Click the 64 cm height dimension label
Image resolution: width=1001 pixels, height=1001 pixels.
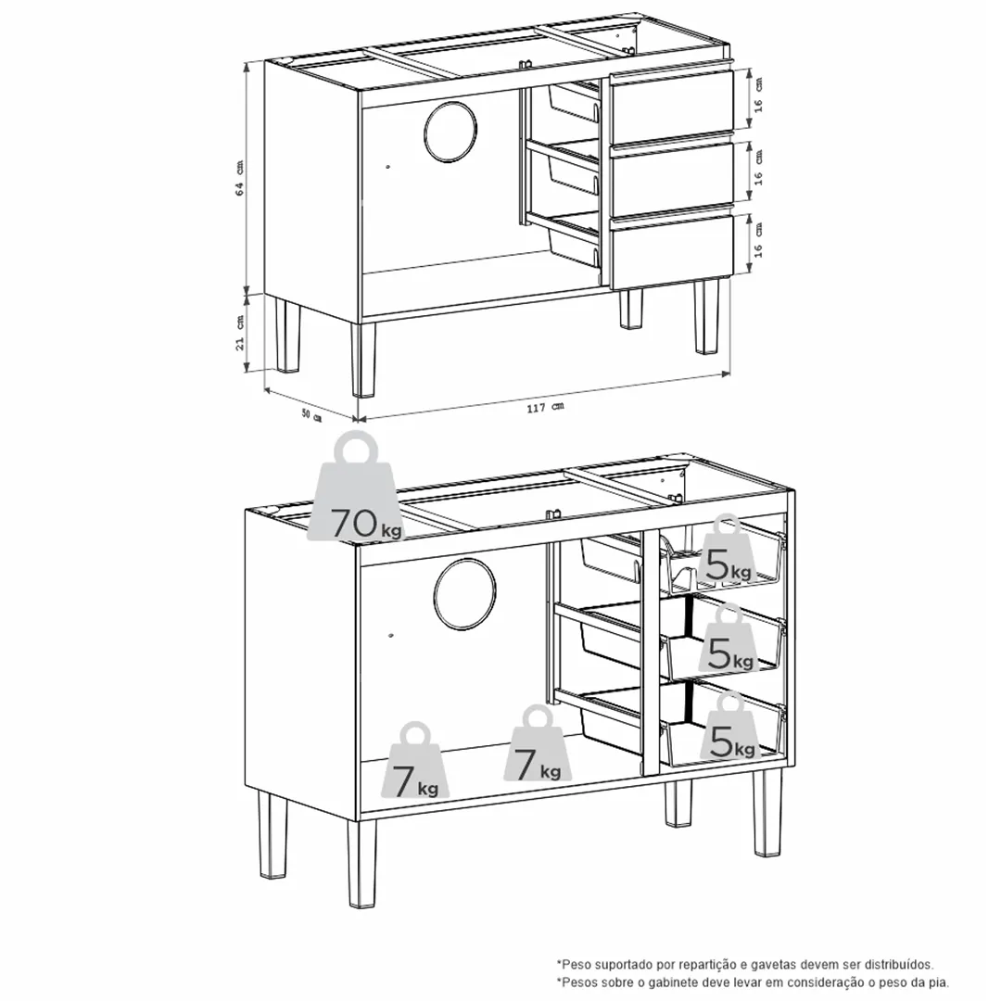(240, 178)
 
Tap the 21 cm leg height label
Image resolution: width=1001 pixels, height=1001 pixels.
(240, 333)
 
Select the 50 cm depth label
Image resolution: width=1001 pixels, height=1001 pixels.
(311, 415)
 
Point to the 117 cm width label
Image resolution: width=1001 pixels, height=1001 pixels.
(545, 407)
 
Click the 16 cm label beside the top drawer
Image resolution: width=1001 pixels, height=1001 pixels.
(758, 95)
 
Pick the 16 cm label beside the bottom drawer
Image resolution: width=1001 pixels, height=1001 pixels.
(758, 239)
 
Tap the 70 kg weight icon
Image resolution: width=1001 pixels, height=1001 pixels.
(357, 487)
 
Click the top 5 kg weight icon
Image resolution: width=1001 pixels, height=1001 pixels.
(726, 551)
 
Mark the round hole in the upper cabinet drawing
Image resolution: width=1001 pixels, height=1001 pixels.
(450, 132)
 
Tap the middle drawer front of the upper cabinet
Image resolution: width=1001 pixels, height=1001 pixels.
(670, 175)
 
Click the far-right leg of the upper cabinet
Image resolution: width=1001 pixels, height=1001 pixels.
(706, 316)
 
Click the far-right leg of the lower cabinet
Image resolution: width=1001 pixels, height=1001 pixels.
(767, 812)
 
